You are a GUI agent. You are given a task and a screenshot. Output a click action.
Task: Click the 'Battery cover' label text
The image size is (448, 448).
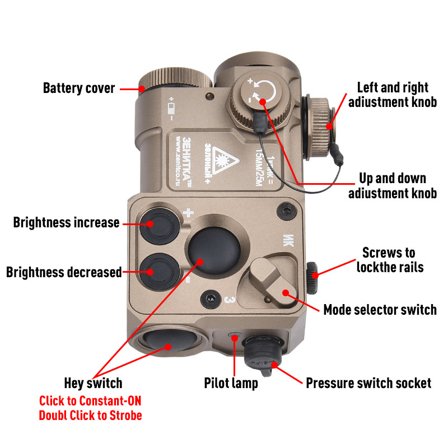click(79, 88)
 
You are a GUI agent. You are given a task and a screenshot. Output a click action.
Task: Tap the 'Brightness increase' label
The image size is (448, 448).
click(66, 223)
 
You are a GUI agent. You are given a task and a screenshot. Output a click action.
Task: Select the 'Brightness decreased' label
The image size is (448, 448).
click(64, 273)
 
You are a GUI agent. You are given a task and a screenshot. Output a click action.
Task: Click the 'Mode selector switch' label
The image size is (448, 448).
click(380, 309)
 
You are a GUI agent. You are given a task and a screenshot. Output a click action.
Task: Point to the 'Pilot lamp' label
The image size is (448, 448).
click(231, 384)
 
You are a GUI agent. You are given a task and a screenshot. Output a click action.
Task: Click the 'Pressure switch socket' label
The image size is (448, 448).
click(368, 384)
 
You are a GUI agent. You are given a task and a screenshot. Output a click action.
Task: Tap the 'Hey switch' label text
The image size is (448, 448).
click(93, 384)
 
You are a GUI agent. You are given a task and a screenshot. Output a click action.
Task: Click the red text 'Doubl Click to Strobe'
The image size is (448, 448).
click(90, 416)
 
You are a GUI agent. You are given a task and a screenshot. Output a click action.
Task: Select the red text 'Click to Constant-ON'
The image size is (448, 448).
click(90, 401)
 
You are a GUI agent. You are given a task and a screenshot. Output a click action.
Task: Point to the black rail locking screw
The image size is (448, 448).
click(312, 273)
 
